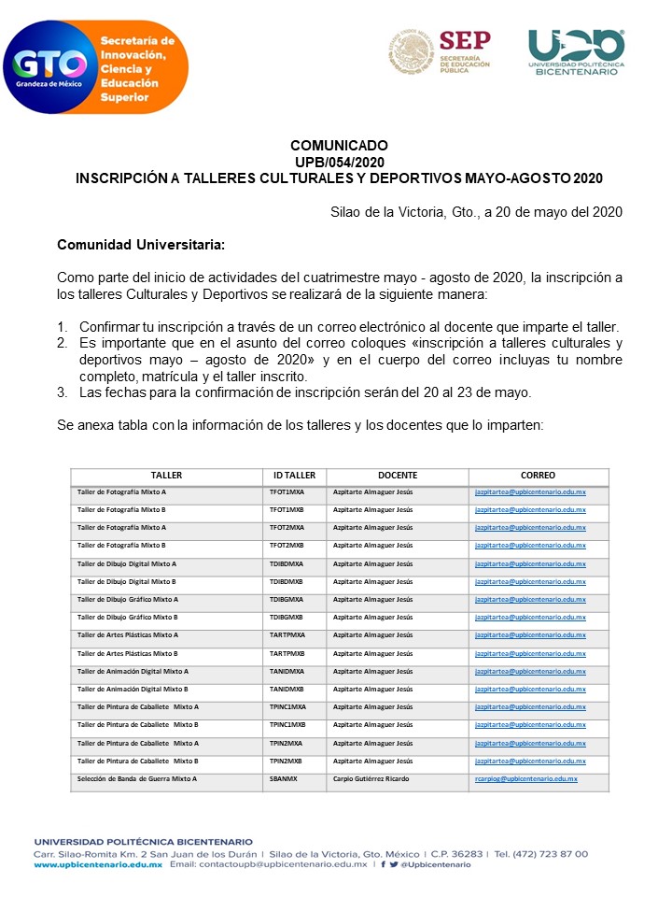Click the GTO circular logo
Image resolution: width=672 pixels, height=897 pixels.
pos(51,67)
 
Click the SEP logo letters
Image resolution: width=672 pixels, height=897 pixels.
pos(464,41)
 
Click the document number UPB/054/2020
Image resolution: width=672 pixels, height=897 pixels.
pos(339,162)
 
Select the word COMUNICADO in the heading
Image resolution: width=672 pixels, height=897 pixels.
pos(339,146)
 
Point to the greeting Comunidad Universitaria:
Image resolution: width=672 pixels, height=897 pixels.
pos(141,245)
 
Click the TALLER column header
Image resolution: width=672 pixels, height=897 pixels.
pos(166,476)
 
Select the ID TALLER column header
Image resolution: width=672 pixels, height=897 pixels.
pos(294,476)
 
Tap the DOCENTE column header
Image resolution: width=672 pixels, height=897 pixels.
pos(397,476)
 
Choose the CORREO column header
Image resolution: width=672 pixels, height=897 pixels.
pos(538,476)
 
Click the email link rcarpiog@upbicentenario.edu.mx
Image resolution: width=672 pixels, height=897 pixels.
pos(525,778)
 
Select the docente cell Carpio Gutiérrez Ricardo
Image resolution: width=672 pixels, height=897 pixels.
pos(371,778)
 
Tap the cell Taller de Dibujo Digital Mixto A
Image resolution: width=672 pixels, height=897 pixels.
pos(127,563)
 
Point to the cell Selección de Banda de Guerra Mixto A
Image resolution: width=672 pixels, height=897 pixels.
pos(137,778)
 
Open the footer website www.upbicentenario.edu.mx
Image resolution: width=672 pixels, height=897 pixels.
pos(98,864)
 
